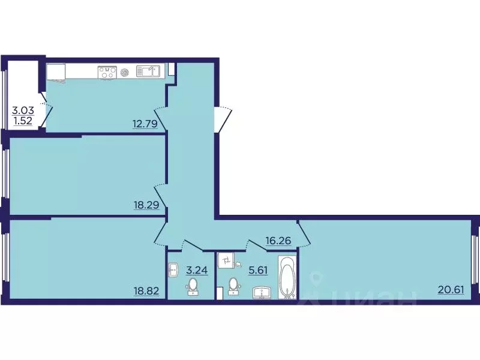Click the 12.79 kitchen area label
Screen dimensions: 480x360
[145, 124]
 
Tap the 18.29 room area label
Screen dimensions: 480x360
[146, 205]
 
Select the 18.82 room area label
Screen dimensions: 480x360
[146, 291]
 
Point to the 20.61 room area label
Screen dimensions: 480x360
[451, 289]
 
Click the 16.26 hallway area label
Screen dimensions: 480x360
[278, 241]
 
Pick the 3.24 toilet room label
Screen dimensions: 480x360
[197, 270]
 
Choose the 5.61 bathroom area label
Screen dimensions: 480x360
[258, 271]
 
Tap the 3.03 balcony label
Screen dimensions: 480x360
[23, 110]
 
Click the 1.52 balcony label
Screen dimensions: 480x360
[23, 121]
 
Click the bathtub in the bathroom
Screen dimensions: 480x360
[287, 277]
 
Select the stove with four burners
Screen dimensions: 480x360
[107, 73]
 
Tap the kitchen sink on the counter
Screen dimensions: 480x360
[148, 71]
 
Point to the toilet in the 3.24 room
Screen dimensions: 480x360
[193, 287]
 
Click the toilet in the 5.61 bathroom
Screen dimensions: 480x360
[233, 286]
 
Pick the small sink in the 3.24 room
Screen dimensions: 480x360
[173, 269]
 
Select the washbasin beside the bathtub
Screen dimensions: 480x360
[263, 292]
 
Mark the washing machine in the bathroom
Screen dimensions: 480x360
[226, 260]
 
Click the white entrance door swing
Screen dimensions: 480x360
[223, 119]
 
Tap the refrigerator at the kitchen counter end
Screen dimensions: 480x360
[56, 73]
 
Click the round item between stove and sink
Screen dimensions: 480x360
[125, 73]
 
